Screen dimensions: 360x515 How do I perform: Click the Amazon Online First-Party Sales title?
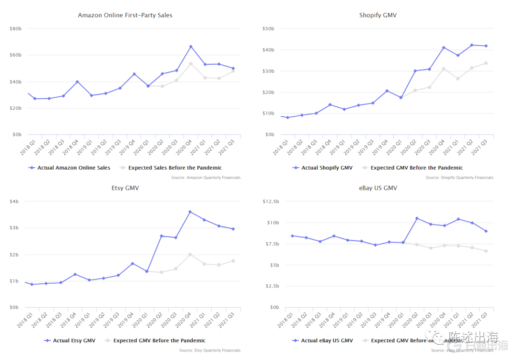(125, 15)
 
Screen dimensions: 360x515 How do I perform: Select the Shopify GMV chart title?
(378, 15)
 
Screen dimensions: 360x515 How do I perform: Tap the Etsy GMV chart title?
(125, 188)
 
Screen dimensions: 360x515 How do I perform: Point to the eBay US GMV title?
(378, 188)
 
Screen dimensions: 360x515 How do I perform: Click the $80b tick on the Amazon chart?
(15, 29)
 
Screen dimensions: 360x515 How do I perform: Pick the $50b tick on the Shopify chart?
(268, 29)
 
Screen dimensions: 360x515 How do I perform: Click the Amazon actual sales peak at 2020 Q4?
(191, 46)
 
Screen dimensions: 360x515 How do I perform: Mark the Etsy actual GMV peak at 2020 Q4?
(190, 212)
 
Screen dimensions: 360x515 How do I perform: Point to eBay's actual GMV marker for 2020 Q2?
(417, 218)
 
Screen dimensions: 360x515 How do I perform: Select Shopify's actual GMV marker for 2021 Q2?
(472, 45)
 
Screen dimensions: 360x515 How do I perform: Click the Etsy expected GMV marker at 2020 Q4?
(190, 254)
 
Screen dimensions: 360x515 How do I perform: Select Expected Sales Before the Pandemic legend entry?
(175, 168)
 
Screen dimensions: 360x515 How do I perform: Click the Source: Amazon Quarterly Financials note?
(206, 178)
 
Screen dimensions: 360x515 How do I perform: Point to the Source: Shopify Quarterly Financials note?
(459, 178)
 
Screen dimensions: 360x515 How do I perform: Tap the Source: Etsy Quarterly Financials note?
(210, 350)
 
